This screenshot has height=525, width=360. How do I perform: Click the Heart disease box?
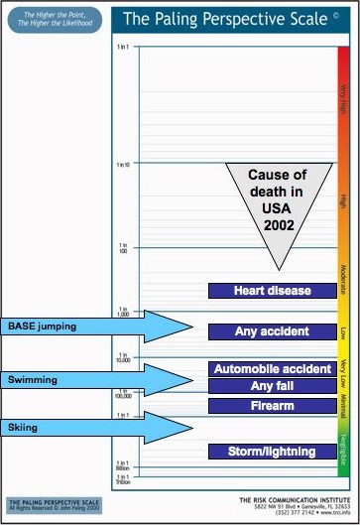point(273,291)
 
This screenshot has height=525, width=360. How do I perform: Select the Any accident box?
point(273,330)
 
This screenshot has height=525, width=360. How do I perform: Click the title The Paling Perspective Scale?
point(226,18)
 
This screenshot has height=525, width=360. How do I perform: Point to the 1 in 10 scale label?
point(124,165)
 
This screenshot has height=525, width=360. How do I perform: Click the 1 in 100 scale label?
point(124,247)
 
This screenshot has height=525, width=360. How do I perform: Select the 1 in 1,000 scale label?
point(124,312)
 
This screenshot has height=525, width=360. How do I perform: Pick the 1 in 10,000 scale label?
point(124,357)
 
